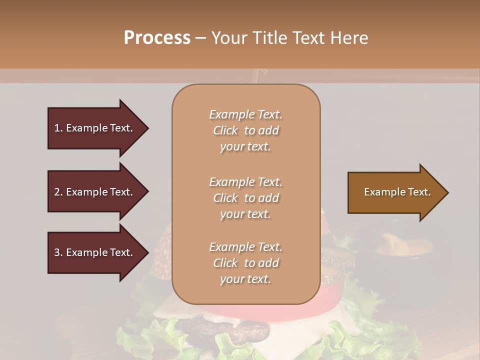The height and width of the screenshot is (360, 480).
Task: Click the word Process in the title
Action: pyautogui.click(x=157, y=38)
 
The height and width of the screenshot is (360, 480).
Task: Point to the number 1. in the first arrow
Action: pyautogui.click(x=58, y=128)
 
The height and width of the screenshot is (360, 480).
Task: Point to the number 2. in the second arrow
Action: pyautogui.click(x=58, y=192)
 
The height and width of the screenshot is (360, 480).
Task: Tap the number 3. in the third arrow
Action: pyautogui.click(x=58, y=252)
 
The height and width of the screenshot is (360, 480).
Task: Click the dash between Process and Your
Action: pyautogui.click(x=201, y=38)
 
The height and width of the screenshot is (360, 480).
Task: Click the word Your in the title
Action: pyautogui.click(x=228, y=38)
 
